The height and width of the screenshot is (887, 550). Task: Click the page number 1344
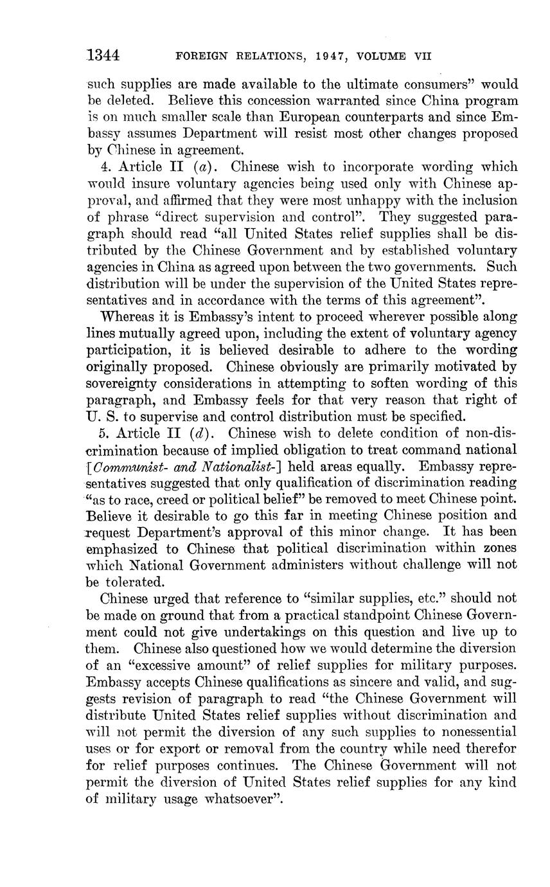pyautogui.click(x=104, y=55)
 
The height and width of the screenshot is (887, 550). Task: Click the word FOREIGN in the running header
pyautogui.click(x=201, y=57)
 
